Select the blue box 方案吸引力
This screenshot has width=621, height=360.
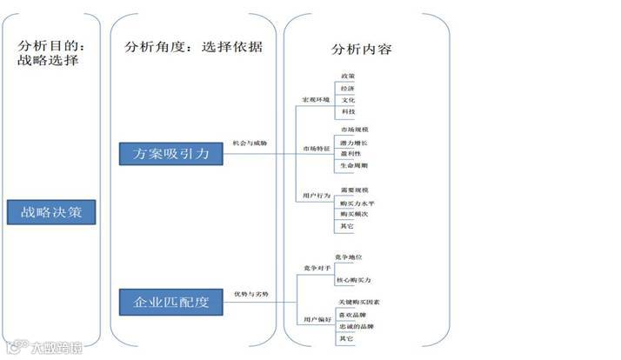click(x=170, y=154)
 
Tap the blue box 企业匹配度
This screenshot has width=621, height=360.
click(x=170, y=302)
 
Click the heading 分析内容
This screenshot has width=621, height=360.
click(x=361, y=48)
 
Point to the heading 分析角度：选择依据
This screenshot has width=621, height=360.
click(x=192, y=48)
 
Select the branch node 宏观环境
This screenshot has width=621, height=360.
click(x=316, y=101)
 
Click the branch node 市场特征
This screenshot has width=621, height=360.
click(x=316, y=150)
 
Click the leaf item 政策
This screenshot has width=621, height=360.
click(x=348, y=77)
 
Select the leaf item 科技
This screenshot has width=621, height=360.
click(x=348, y=112)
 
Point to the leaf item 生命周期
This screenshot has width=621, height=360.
click(x=354, y=165)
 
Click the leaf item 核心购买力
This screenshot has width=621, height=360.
click(x=357, y=281)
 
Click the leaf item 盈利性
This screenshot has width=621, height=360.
click(x=351, y=153)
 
